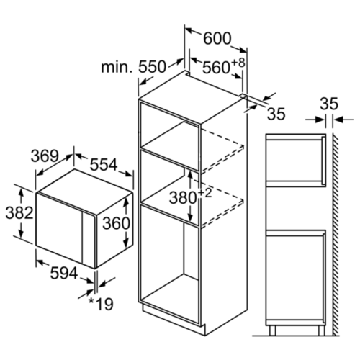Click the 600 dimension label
(217, 38)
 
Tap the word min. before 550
(117, 67)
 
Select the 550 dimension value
(152, 67)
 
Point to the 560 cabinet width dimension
(216, 68)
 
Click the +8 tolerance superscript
(238, 63)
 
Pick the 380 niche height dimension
(183, 198)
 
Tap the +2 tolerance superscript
(204, 193)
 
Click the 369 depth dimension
(45, 156)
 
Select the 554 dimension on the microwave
(104, 165)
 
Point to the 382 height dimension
(19, 213)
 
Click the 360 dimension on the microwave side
(116, 224)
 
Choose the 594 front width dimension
(64, 273)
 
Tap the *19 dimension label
(101, 304)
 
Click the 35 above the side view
(329, 104)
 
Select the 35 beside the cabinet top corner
(276, 114)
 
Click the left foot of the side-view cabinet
(272, 330)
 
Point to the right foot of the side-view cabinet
(321, 330)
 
